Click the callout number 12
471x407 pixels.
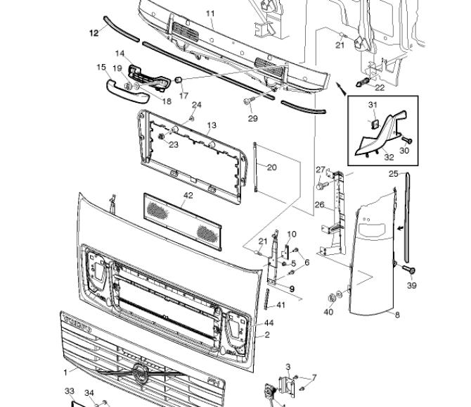[x=94, y=33]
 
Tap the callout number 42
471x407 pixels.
[x=188, y=195]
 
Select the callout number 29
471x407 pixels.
[x=252, y=118]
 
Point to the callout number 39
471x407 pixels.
[x=411, y=285]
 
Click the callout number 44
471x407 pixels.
[x=269, y=323]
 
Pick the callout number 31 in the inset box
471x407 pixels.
[x=373, y=105]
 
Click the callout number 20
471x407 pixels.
[x=272, y=168]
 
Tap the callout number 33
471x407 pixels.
[x=70, y=391]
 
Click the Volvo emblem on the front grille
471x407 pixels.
[x=140, y=373]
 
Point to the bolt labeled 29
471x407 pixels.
[x=249, y=101]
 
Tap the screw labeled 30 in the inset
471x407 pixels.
[x=406, y=140]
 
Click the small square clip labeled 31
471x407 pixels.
[x=375, y=123]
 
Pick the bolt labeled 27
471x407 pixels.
[x=322, y=184]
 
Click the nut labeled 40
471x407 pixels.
[x=331, y=298]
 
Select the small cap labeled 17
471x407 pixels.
[x=178, y=80]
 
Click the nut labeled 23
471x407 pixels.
[x=161, y=137]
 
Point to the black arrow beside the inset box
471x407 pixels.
[x=341, y=89]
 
